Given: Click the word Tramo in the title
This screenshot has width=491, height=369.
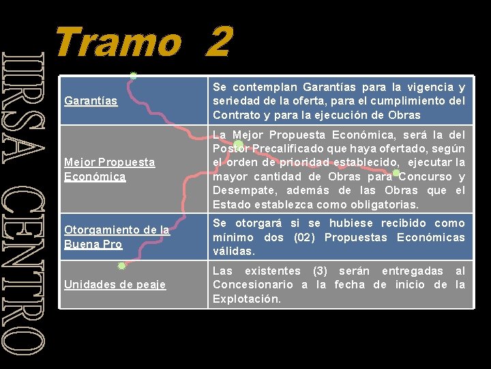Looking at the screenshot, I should click(117, 42).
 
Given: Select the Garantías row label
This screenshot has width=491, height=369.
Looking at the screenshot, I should click(90, 101).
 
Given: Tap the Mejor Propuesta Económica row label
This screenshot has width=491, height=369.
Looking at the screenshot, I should click(109, 169).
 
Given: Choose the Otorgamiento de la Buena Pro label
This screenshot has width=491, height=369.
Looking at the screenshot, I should click(116, 237).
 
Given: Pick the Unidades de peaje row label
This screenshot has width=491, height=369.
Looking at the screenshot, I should click(115, 284).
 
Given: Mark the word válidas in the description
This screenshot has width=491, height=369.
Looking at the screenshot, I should click(234, 251).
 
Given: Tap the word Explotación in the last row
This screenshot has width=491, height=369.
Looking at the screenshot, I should click(246, 299).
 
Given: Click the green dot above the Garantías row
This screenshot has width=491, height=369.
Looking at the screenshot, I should click(134, 76).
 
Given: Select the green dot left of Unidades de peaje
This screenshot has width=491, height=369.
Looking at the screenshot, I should click(121, 266).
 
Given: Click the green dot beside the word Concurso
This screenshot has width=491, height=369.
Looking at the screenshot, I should click(396, 173).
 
